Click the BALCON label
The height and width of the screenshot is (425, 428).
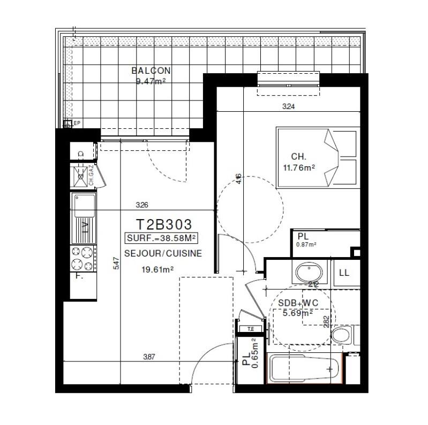(x=151, y=71)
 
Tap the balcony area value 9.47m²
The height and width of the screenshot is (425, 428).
(x=151, y=81)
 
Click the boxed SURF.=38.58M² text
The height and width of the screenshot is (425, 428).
(x=160, y=238)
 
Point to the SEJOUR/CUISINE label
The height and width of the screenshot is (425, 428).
(x=163, y=253)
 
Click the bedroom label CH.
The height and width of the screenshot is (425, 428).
(x=298, y=157)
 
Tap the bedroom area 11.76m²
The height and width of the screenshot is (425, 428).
(x=298, y=167)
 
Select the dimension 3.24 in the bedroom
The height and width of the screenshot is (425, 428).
(x=288, y=106)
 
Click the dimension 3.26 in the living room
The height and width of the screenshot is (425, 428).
(x=142, y=205)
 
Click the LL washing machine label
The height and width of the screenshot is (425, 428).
(x=344, y=273)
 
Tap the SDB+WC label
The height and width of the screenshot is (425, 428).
(x=297, y=303)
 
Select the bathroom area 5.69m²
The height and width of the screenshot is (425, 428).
(x=298, y=314)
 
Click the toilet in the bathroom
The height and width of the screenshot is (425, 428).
(x=341, y=336)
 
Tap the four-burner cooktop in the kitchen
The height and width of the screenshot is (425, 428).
(x=83, y=258)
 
